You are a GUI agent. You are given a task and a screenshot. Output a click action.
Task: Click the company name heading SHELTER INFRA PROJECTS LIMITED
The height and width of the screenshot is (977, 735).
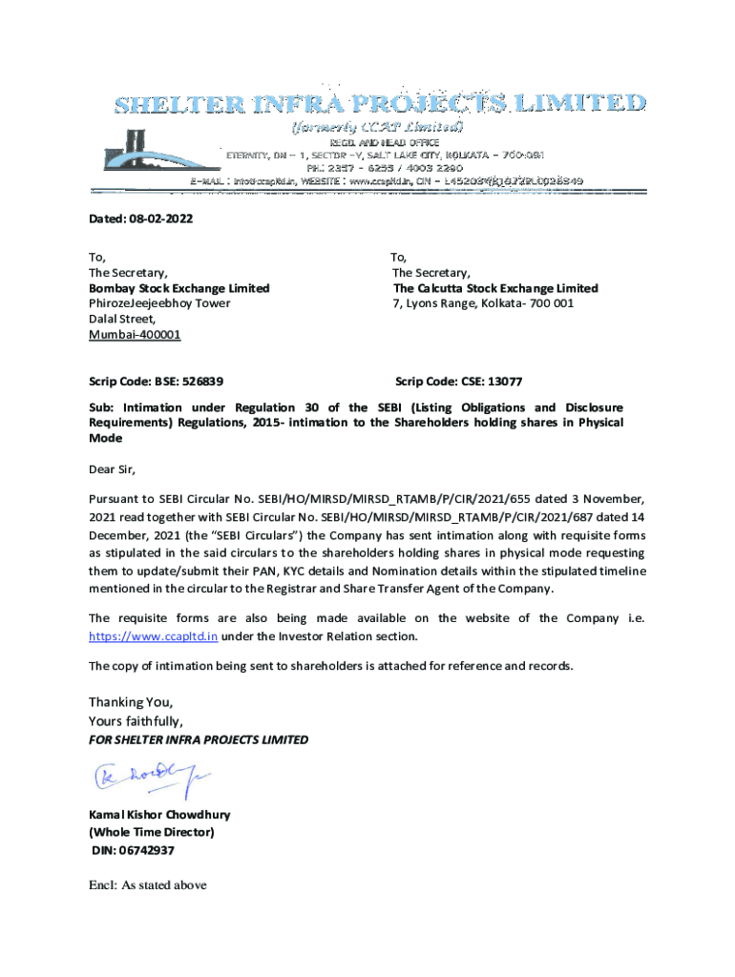pyautogui.click(x=380, y=103)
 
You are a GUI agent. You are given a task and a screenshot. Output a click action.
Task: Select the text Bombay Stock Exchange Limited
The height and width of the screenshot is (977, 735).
pyautogui.click(x=178, y=288)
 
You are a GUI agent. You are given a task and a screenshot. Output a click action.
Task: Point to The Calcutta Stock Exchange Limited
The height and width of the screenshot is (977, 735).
pyautogui.click(x=495, y=288)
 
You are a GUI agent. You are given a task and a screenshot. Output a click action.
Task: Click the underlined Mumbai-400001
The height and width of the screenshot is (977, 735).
pyautogui.click(x=135, y=335)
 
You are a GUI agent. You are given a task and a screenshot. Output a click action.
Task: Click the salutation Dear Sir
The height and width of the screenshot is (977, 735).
pyautogui.click(x=113, y=468)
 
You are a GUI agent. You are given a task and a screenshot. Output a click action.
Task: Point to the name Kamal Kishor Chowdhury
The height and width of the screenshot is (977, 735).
pyautogui.click(x=159, y=816)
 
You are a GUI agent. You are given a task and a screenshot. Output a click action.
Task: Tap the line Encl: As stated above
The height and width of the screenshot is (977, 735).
pyautogui.click(x=148, y=885)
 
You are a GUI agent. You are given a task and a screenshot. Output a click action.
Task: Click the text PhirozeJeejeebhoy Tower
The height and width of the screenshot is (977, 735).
pyautogui.click(x=159, y=303)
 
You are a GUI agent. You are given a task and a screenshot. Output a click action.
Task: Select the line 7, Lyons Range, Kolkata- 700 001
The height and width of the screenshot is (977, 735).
pyautogui.click(x=483, y=303)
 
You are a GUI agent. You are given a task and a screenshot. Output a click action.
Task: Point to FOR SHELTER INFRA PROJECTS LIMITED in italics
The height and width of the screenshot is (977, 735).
pyautogui.click(x=199, y=739)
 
